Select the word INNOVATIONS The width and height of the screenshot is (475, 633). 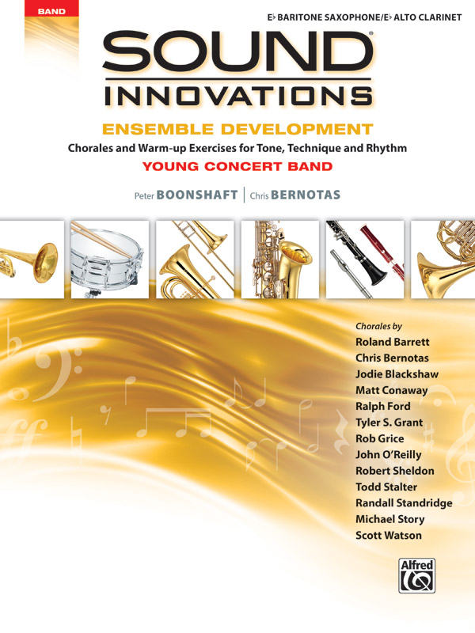coord(237,97)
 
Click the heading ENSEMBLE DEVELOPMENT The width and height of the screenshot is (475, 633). coord(238,129)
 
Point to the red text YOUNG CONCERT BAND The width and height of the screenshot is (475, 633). coord(237,166)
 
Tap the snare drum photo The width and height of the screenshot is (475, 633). coord(109,258)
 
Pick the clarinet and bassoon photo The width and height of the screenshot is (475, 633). coord(365,258)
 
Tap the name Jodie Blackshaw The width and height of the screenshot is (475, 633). coord(397,373)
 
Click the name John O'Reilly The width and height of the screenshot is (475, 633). coord(389,454)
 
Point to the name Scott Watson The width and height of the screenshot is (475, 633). coord(389,535)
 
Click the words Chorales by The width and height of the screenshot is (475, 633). coord(378,325)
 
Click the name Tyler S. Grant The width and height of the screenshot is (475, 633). coord(389,422)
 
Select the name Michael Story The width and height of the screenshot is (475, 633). coord(389,519)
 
